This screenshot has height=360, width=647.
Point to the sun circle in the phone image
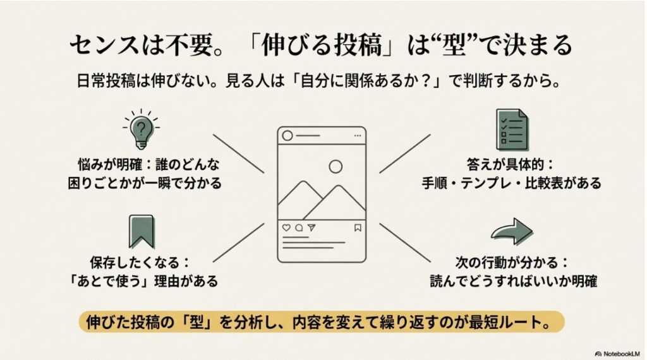pyautogui.click(x=336, y=167)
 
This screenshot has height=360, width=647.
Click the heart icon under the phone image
pyautogui.click(x=286, y=227)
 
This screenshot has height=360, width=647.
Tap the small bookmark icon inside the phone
pyautogui.click(x=357, y=227)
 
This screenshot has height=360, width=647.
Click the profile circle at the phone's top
pyautogui.click(x=288, y=136)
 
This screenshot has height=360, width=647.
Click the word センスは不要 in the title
pyautogui.click(x=120, y=46)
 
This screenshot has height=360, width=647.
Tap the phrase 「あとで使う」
pyautogui.click(x=107, y=280)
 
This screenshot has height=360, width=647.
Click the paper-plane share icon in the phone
pyautogui.click(x=311, y=227)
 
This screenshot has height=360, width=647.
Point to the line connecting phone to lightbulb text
pyautogui.click(x=239, y=153)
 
